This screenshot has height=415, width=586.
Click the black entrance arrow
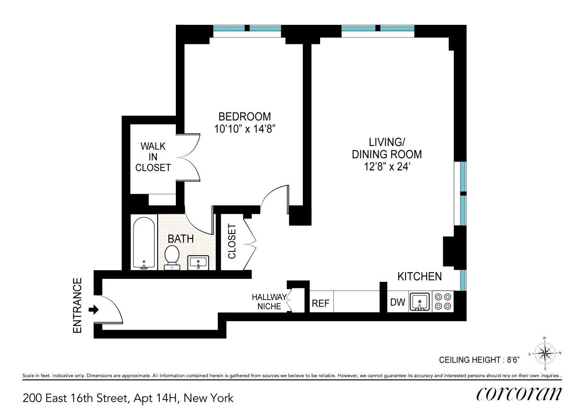(x=93, y=310)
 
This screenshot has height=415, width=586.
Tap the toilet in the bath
(x=172, y=257)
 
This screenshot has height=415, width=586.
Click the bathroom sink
(x=198, y=263)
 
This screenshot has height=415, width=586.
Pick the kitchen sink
(x=420, y=302)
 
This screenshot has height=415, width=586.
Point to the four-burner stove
(x=443, y=302)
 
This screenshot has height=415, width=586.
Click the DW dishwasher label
(x=398, y=303)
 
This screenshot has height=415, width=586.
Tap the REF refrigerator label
(x=321, y=303)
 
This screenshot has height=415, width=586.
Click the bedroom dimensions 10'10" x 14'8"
(x=245, y=129)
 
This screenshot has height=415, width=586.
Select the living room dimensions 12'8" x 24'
(x=387, y=167)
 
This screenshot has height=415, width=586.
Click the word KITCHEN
(x=420, y=276)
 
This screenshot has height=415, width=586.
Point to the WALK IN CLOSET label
(x=153, y=157)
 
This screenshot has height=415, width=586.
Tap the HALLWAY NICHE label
(x=269, y=302)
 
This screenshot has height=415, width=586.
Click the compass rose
(x=545, y=353)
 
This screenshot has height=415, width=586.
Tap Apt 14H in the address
(x=156, y=398)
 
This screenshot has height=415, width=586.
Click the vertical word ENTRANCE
(x=78, y=305)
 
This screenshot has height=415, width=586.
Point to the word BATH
(x=181, y=239)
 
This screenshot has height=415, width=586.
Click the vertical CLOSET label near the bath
(x=232, y=241)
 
